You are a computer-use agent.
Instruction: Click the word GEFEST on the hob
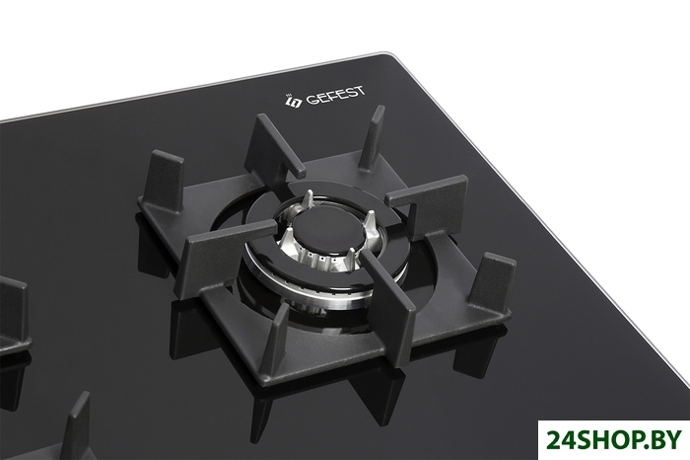click(x=335, y=96)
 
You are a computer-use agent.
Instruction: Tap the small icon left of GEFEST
click(x=294, y=101)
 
